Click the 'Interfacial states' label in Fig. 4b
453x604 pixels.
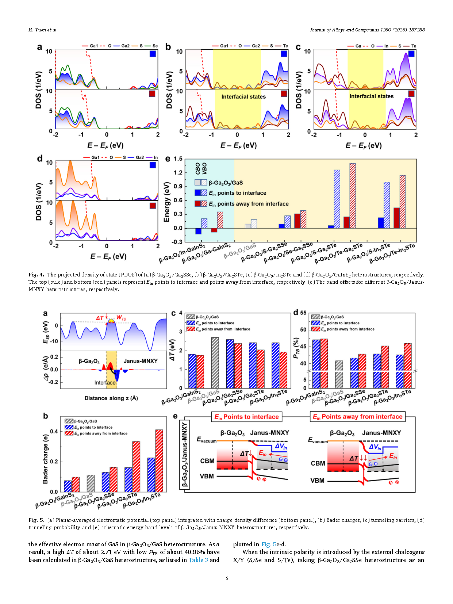click(x=243, y=97)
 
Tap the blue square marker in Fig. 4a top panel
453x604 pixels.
click(x=153, y=54)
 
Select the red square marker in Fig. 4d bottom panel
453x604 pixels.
click(x=153, y=206)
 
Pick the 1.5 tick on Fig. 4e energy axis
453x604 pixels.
click(x=178, y=159)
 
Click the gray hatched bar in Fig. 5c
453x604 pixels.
click(x=215, y=363)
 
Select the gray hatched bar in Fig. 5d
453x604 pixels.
click(x=339, y=374)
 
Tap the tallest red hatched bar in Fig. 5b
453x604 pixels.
click(x=159, y=460)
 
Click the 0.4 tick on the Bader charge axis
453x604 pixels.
click(x=54, y=432)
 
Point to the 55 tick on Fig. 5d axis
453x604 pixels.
click(x=303, y=313)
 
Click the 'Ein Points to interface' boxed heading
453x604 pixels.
click(x=246, y=417)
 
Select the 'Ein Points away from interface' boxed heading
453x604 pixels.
click(x=357, y=417)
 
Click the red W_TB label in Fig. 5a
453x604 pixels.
click(x=121, y=318)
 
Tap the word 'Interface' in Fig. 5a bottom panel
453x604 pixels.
click(x=105, y=383)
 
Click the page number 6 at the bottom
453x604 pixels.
click(x=227, y=578)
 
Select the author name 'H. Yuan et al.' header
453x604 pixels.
click(x=43, y=30)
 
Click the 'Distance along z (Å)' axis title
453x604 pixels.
click(x=111, y=398)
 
